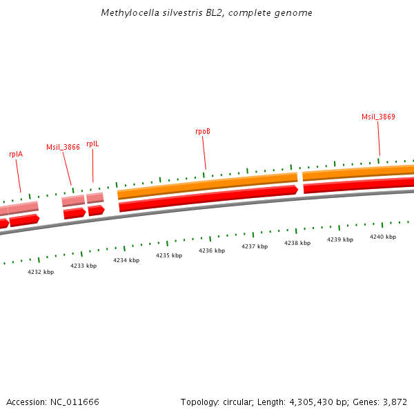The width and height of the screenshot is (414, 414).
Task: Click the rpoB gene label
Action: point(202,130)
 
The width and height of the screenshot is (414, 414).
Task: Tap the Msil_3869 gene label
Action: point(378,117)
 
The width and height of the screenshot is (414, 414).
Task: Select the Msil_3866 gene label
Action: point(63,147)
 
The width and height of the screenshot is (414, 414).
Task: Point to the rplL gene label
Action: point(92,144)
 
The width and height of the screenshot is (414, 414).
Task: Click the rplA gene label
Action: point(16,155)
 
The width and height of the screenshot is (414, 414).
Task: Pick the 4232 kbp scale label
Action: point(41,272)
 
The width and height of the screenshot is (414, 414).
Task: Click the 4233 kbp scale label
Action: point(83,266)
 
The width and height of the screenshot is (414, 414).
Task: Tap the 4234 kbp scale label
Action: point(126,260)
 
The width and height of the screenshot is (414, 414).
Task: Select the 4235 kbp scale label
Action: point(169,255)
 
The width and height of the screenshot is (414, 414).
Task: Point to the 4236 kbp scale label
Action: point(212,250)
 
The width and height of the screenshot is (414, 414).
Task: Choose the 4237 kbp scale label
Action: point(255,246)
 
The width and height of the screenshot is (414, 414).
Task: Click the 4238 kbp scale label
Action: point(297,243)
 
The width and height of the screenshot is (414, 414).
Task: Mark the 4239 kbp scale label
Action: point(340,239)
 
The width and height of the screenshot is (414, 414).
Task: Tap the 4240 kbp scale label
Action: point(383,237)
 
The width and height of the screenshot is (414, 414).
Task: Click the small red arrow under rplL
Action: point(96,210)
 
